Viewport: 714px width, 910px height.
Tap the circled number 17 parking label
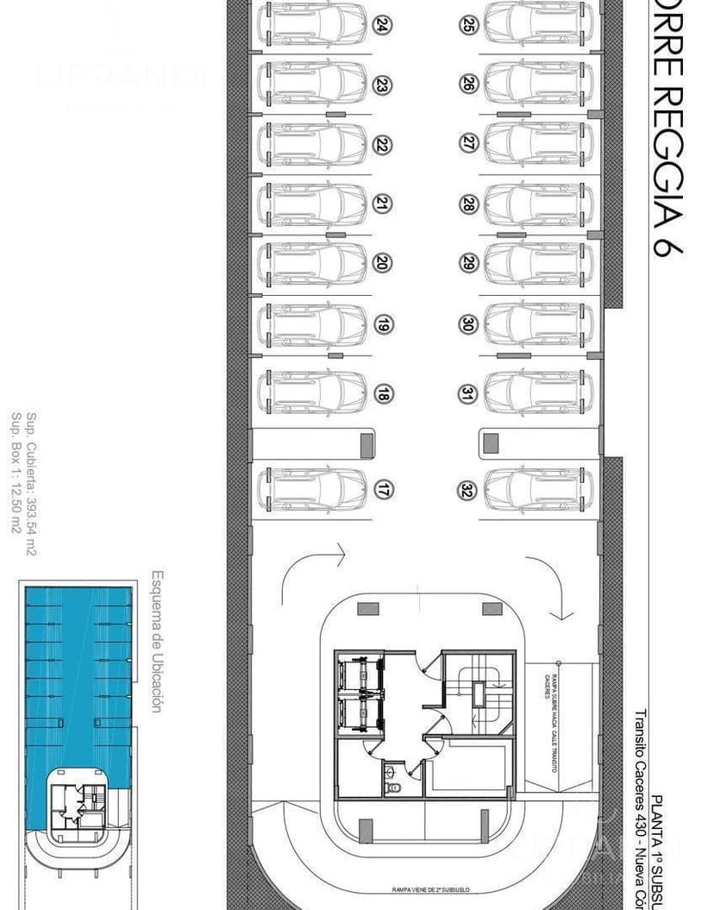pyautogui.click(x=383, y=490)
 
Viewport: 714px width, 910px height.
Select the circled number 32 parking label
pyautogui.click(x=467, y=490)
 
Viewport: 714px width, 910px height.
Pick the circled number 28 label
pyautogui.click(x=468, y=204)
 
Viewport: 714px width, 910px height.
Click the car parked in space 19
pyautogui.click(x=311, y=324)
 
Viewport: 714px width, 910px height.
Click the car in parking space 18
pyautogui.click(x=311, y=393)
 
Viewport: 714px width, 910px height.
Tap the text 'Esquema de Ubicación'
pyautogui.click(x=157, y=641)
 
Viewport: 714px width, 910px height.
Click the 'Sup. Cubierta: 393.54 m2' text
pyautogui.click(x=31, y=485)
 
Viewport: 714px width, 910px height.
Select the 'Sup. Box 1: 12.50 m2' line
pyautogui.click(x=16, y=473)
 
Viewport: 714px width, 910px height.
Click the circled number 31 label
pyautogui.click(x=467, y=394)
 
